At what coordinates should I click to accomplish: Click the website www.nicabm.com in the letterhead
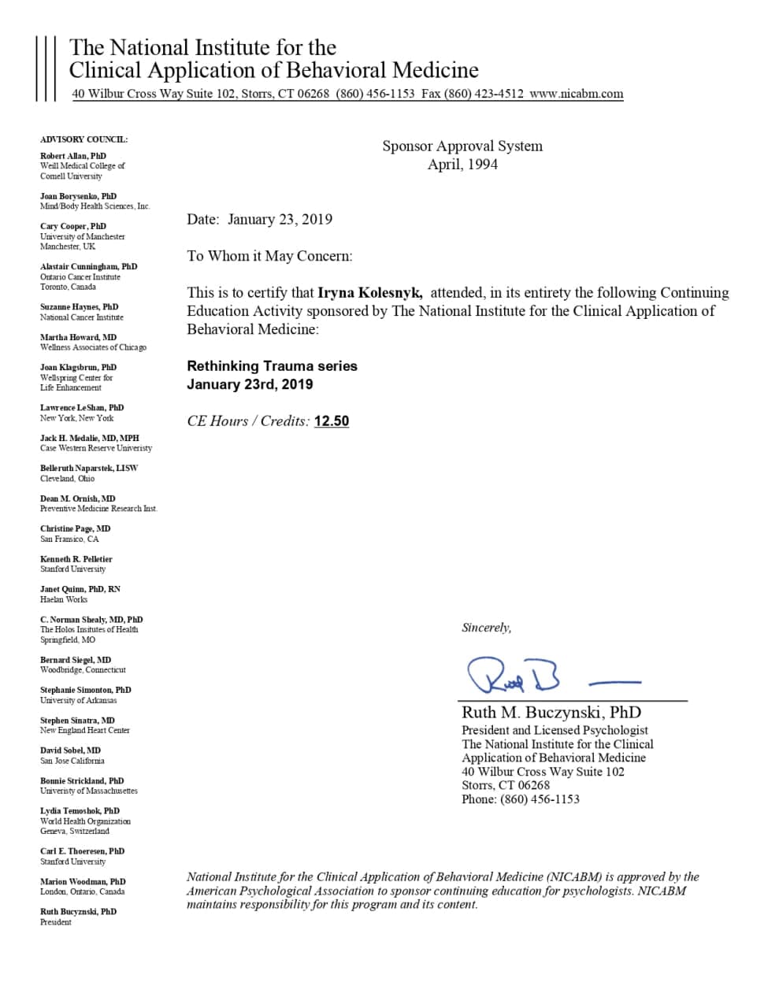[576, 93]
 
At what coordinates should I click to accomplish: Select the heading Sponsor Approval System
[462, 146]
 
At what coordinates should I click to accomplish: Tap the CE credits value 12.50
[331, 421]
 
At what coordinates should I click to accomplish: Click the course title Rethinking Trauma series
[272, 366]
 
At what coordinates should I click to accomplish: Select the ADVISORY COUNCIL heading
[83, 139]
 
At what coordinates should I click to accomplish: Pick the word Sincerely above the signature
[486, 628]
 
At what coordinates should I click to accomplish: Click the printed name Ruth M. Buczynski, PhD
[551, 713]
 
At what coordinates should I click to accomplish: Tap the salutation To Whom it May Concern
[269, 256]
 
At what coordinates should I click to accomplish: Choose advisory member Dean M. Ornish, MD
[77, 498]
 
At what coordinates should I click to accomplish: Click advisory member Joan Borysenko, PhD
[78, 196]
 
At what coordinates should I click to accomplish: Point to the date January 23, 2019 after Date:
[280, 220]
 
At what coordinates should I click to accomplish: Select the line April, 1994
[462, 165]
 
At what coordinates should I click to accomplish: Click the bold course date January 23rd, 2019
[250, 384]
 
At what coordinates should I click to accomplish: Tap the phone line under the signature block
[520, 799]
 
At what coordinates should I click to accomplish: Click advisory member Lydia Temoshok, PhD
[80, 810]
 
